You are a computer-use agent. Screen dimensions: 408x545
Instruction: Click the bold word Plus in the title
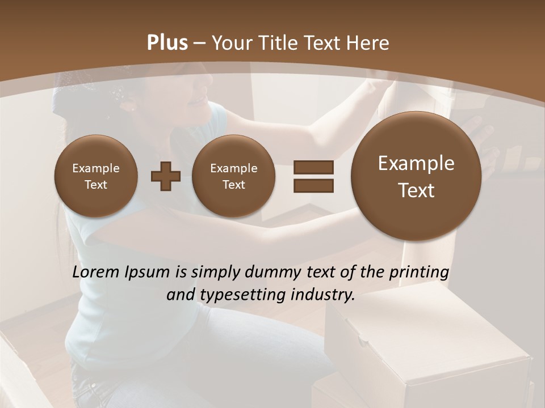coord(167,43)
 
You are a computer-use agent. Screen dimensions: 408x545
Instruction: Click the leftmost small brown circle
coord(95,176)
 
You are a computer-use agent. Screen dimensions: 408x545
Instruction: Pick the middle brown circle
coord(233,176)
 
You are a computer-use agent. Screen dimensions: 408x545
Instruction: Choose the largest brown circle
coord(416,176)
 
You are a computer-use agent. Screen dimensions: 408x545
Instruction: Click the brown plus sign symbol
coord(166,176)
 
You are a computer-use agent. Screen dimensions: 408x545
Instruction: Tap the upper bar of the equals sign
coord(313,167)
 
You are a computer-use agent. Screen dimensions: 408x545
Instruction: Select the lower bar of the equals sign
coord(313,185)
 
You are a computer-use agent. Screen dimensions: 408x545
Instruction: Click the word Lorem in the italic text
coord(96,273)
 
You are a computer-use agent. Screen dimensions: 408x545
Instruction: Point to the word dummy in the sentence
coord(269,273)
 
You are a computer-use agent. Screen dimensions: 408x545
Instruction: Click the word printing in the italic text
coord(419,273)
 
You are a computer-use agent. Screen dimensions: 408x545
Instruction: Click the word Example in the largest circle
coord(416,164)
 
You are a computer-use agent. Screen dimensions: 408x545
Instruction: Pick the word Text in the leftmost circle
coord(95,185)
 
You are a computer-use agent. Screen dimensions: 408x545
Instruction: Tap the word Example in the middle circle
coord(233,168)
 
